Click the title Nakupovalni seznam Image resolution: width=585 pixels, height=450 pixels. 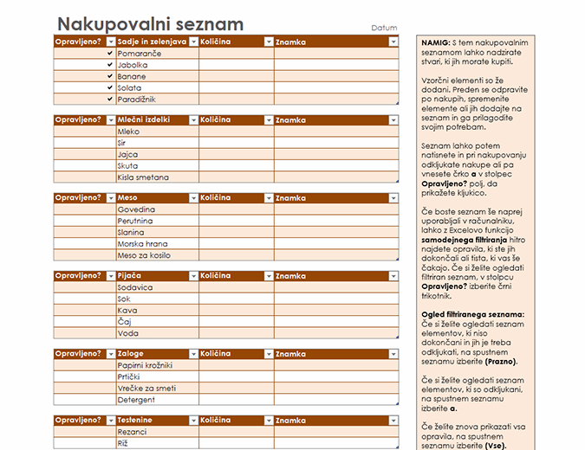coord(149,24)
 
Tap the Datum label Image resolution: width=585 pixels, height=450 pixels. coord(384,29)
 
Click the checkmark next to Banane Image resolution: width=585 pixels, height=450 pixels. coord(109,76)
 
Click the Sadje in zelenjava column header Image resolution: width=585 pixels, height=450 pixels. coord(151,42)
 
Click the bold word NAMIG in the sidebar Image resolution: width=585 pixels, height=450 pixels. coord(435,42)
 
